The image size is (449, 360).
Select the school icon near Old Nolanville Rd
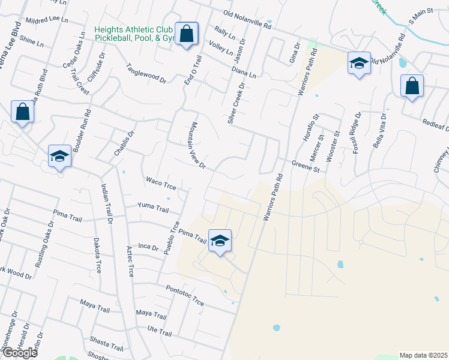(359, 63)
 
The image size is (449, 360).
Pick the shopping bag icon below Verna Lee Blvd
(22, 112)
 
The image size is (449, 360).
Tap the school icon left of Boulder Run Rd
(59, 157)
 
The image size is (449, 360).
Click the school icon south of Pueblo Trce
(220, 241)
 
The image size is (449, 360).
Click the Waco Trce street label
(161, 182)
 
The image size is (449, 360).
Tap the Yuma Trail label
(153, 207)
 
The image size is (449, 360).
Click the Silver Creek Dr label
(237, 103)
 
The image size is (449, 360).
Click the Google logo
(19, 352)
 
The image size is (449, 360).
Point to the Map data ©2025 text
(423, 355)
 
